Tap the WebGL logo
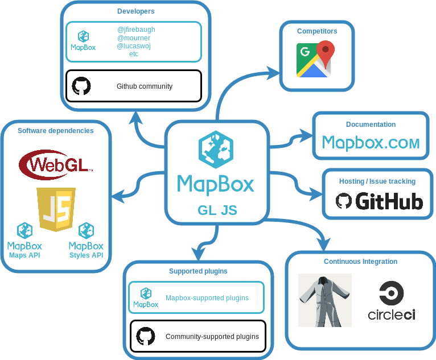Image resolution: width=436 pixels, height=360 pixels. [x=55, y=164]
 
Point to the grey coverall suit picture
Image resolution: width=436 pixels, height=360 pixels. [x=325, y=300]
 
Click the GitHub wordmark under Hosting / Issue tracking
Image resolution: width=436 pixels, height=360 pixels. [x=380, y=201]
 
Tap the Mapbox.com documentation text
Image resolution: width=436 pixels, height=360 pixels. [x=371, y=142]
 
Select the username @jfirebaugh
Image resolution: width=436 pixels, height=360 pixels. [x=136, y=30]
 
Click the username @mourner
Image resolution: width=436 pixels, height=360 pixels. [x=134, y=38]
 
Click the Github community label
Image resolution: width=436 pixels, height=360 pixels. [x=144, y=86]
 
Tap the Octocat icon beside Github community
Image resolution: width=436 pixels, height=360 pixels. [x=81, y=86]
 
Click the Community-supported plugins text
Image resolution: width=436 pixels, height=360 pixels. [x=212, y=337]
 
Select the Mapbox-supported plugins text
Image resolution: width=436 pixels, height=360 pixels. [x=207, y=297]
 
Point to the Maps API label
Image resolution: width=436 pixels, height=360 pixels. [x=24, y=255]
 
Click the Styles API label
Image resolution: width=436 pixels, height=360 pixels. [x=86, y=255]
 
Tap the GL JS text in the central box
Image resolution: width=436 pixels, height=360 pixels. [x=217, y=210]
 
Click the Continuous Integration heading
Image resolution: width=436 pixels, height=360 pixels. [x=360, y=262]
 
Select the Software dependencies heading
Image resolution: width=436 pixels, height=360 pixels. [x=56, y=131]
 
